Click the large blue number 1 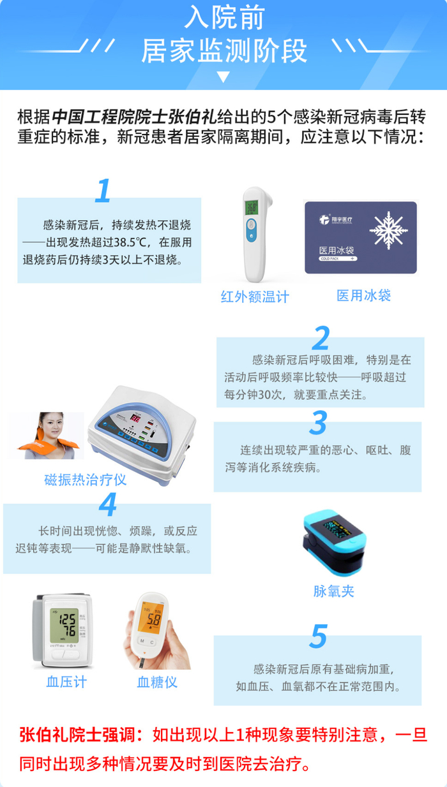103,191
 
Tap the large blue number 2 321,337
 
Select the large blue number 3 318,422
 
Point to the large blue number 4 108,504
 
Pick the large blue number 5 319,636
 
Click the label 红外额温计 255,297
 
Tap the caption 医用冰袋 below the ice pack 363,295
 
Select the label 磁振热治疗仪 86,480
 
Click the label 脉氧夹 334,591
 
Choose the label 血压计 66,682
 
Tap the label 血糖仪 157,682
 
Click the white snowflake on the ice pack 388,230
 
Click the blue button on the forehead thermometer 251,230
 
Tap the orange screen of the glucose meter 151,617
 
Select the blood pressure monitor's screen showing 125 64,626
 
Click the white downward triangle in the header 223,77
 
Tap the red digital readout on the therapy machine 135,418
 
